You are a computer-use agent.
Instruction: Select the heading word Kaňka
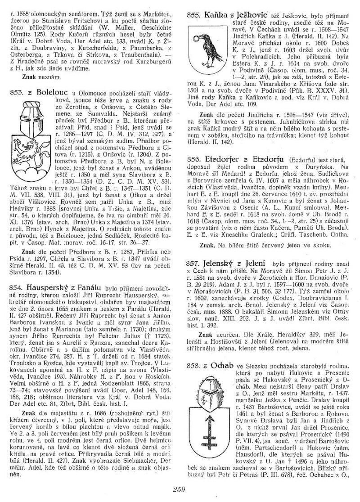point(215,15)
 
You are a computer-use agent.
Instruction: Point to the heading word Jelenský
point(217,261)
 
